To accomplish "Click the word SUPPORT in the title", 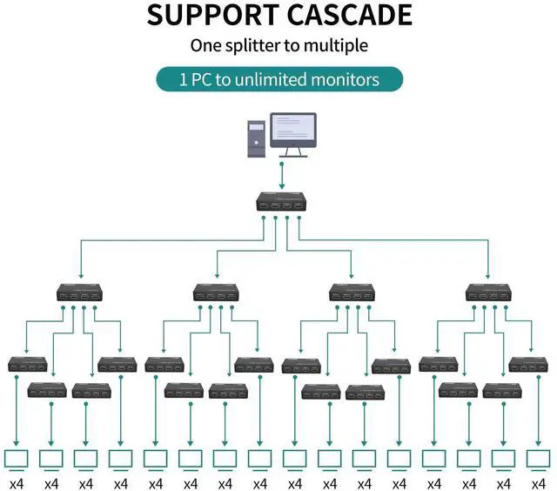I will [x=205, y=15].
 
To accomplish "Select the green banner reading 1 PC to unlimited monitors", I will [x=279, y=79].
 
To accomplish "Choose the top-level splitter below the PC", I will [x=280, y=205].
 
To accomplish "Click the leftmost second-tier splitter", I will [x=80, y=293].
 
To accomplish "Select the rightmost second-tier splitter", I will [x=489, y=293].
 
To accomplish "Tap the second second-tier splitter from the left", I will [x=217, y=293].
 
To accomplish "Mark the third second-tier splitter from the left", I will [x=352, y=293].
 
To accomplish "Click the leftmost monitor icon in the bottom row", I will [x=17, y=458].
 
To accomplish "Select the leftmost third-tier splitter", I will [x=27, y=364].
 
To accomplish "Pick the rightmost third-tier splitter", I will [x=528, y=364].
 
